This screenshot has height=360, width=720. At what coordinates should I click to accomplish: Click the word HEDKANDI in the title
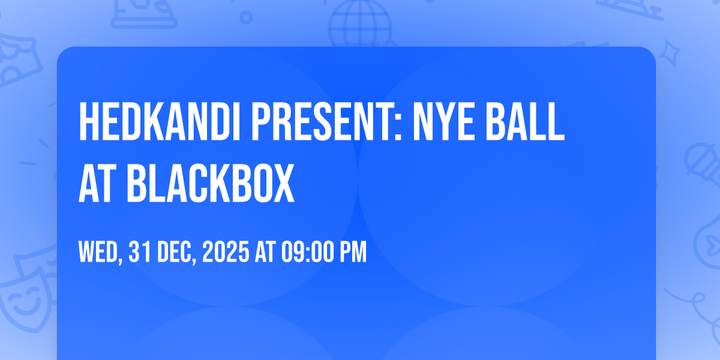(x=160, y=121)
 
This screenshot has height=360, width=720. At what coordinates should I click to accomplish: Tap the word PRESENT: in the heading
(x=326, y=121)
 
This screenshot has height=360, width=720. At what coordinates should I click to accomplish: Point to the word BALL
(x=525, y=121)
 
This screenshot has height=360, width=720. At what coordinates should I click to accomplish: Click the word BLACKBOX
(x=211, y=183)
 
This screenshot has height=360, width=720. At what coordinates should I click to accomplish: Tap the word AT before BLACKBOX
(x=97, y=183)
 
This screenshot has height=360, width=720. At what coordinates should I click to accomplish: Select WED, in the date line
(x=101, y=253)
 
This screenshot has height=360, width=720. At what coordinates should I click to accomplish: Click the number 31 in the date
(x=140, y=252)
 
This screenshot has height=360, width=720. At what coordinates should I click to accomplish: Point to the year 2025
(x=226, y=252)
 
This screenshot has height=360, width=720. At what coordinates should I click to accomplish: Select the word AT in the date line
(x=265, y=252)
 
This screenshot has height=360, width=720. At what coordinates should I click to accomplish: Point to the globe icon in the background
(x=360, y=24)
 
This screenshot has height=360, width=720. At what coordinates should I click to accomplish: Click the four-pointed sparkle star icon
(x=669, y=53)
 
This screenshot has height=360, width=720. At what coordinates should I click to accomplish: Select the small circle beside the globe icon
(x=246, y=17)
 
